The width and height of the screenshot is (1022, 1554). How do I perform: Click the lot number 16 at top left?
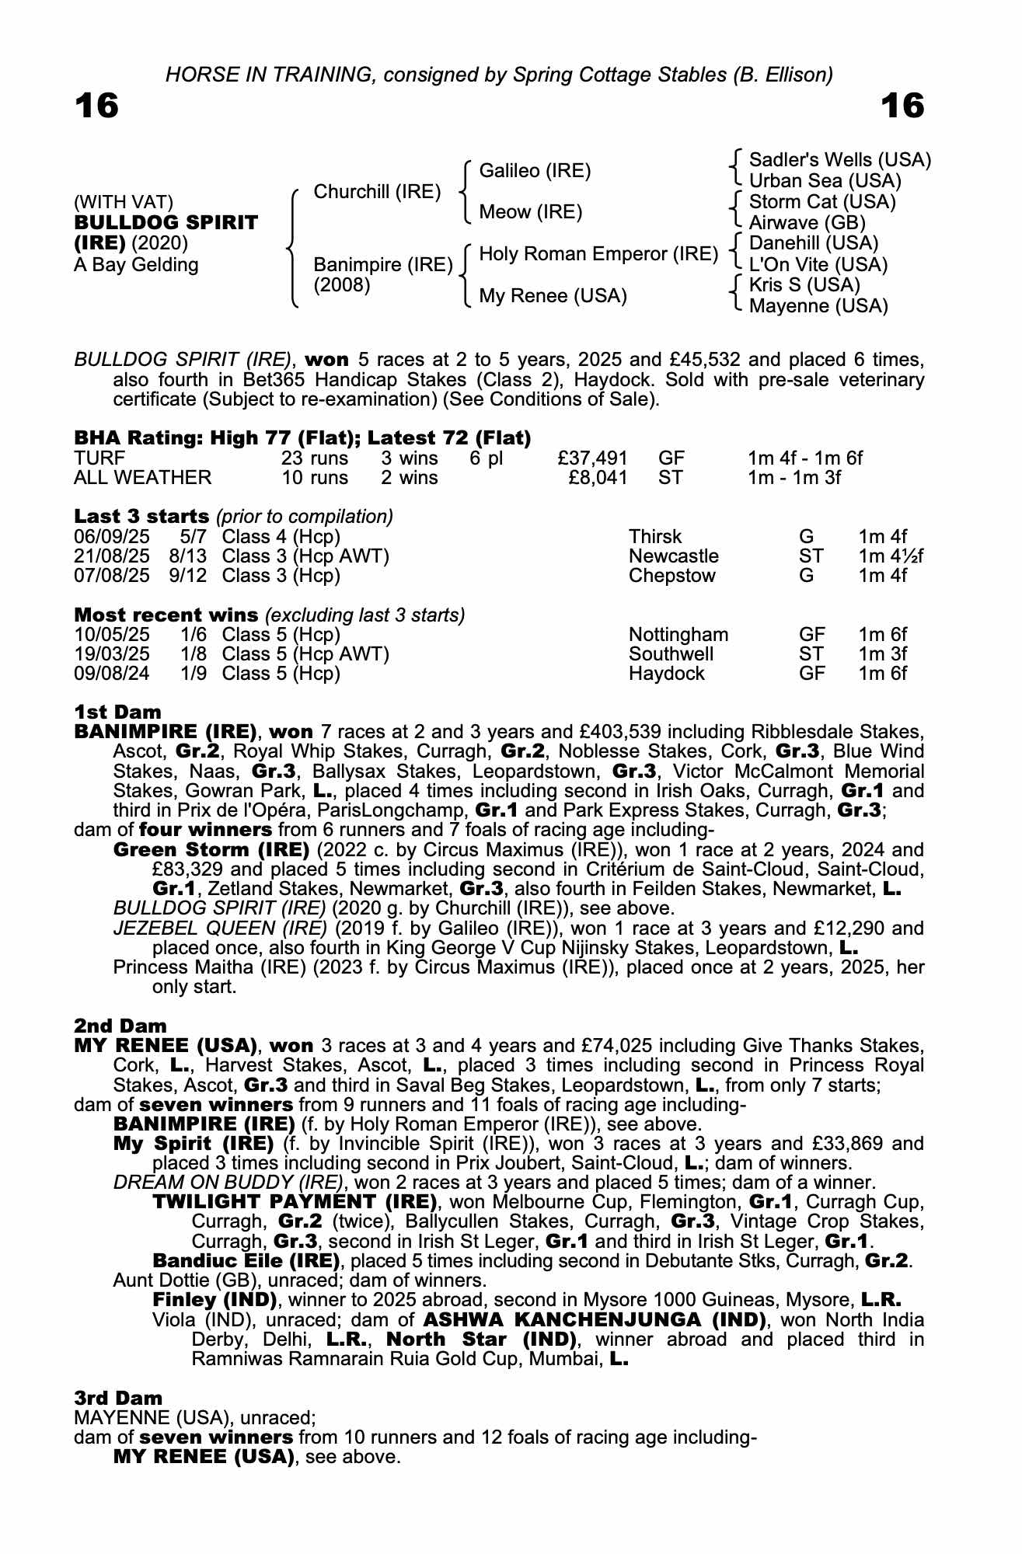96,106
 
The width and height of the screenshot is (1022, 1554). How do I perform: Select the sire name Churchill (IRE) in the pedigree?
377,192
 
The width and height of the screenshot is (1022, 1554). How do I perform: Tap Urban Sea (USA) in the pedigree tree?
825,181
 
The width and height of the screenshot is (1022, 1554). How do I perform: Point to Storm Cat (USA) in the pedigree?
822,202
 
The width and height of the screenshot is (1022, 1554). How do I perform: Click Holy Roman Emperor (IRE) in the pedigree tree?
598,254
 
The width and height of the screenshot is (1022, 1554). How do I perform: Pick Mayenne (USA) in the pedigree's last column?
818,306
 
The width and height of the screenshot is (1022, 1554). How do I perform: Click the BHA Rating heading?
302,438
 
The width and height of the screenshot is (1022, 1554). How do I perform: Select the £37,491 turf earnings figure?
592,458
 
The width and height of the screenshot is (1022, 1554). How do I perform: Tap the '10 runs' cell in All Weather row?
315,478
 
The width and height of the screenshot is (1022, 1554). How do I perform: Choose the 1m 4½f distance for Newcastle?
891,556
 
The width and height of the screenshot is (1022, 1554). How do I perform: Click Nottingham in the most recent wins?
678,635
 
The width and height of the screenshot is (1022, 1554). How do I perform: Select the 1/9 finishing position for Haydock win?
194,674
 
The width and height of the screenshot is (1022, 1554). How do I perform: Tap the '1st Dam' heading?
118,713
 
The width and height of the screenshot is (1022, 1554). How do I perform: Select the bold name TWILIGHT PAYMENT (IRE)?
295,1203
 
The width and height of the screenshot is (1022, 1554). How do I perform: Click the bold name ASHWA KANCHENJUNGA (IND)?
595,1320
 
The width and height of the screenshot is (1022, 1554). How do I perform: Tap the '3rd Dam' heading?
118,1399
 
